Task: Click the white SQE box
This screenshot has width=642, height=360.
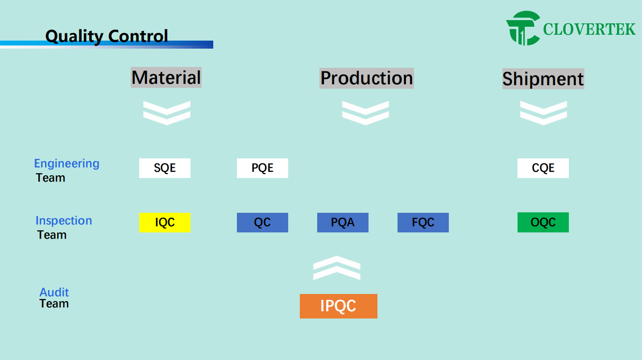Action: pyautogui.click(x=165, y=168)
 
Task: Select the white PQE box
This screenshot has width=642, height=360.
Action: pyautogui.click(x=262, y=168)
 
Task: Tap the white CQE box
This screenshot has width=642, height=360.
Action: pyautogui.click(x=543, y=168)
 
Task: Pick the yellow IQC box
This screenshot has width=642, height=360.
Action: pyautogui.click(x=165, y=223)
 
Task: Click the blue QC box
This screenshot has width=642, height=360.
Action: pyautogui.click(x=262, y=223)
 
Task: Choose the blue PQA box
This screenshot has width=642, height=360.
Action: pyautogui.click(x=343, y=223)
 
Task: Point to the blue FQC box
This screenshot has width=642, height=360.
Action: pyautogui.click(x=423, y=223)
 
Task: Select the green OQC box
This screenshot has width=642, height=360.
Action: pyautogui.click(x=543, y=223)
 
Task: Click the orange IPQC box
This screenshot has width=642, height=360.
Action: pyautogui.click(x=338, y=306)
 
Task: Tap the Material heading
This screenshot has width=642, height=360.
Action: pyautogui.click(x=166, y=78)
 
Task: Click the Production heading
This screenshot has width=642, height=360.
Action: pyautogui.click(x=366, y=78)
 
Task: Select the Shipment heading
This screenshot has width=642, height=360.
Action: pyautogui.click(x=543, y=79)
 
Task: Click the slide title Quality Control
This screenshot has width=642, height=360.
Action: pyautogui.click(x=107, y=36)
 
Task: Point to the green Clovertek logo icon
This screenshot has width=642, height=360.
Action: pyautogui.click(x=523, y=29)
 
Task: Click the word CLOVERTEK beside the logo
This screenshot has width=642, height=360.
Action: pyautogui.click(x=589, y=29)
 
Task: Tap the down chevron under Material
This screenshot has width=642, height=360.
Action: pyautogui.click(x=166, y=112)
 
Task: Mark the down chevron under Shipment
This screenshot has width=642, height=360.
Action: pyautogui.click(x=543, y=112)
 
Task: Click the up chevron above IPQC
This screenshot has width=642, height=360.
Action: pyautogui.click(x=336, y=268)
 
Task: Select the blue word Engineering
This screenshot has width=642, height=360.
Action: pyautogui.click(x=67, y=163)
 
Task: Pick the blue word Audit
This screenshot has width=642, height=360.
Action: pyautogui.click(x=54, y=292)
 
